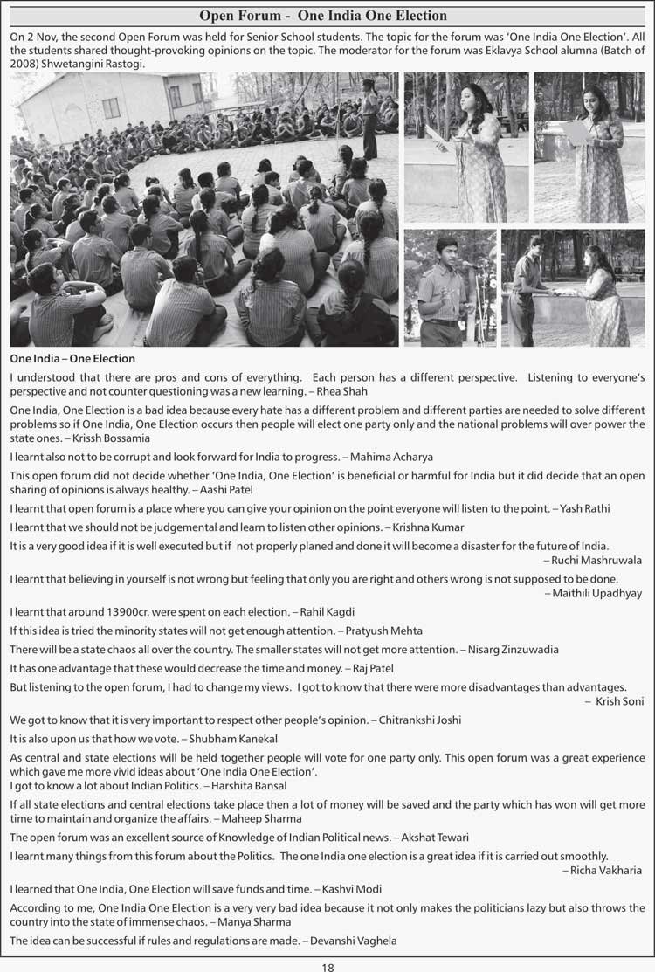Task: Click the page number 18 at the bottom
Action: click(x=327, y=966)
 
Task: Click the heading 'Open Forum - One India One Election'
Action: click(x=323, y=16)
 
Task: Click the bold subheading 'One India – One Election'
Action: click(x=72, y=358)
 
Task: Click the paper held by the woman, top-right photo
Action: click(x=575, y=132)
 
